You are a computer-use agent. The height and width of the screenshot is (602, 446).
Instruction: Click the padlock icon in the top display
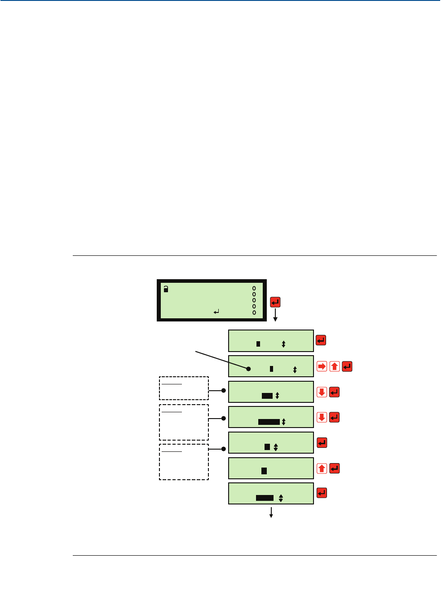pyautogui.click(x=166, y=290)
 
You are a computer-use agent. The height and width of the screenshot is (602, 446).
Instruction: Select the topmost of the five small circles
pyautogui.click(x=254, y=288)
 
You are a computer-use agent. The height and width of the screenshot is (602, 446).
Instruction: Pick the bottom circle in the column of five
pyautogui.click(x=254, y=312)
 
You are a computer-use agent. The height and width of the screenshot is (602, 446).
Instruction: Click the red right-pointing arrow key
pyautogui.click(x=322, y=366)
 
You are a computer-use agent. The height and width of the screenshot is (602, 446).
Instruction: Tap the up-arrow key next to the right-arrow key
pyautogui.click(x=335, y=366)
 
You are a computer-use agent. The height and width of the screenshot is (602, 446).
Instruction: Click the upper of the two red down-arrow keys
pyautogui.click(x=322, y=392)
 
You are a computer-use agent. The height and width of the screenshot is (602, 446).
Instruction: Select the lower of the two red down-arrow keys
pyautogui.click(x=322, y=417)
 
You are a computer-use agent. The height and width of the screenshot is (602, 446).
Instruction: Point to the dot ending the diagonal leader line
pyautogui.click(x=248, y=369)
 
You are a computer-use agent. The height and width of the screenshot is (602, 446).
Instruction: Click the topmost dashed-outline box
pyautogui.click(x=184, y=388)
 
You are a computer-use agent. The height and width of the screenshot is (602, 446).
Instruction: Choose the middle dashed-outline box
pyautogui.click(x=184, y=422)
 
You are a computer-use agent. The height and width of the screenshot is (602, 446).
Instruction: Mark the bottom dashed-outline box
pyautogui.click(x=184, y=462)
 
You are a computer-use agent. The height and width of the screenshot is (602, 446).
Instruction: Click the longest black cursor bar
pyautogui.click(x=269, y=422)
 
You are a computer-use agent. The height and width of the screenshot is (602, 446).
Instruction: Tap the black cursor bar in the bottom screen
pyautogui.click(x=265, y=498)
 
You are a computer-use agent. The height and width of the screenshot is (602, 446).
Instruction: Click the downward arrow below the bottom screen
pyautogui.click(x=271, y=513)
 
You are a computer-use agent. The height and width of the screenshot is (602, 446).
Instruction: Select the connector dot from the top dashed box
pyautogui.click(x=224, y=391)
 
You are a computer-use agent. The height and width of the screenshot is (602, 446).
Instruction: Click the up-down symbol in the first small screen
pyautogui.click(x=283, y=344)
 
